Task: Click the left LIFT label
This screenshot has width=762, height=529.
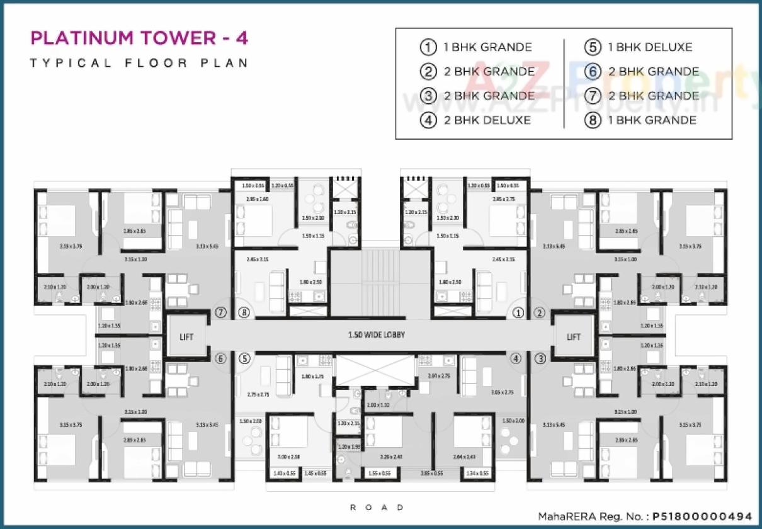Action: click(186, 336)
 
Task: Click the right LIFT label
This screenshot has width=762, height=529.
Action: click(573, 336)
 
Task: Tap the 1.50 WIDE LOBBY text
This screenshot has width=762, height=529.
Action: click(377, 335)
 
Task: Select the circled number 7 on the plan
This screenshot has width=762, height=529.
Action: click(220, 312)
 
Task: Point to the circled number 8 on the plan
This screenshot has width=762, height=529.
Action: click(244, 312)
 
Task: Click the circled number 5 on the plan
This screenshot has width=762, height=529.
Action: click(244, 358)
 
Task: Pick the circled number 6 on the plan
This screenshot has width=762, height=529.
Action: click(220, 358)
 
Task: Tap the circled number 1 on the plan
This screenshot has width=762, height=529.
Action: click(518, 312)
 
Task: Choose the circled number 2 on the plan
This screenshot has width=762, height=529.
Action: click(540, 312)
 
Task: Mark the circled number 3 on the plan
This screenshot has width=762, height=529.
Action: click(540, 358)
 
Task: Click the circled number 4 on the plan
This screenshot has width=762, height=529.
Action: click(516, 358)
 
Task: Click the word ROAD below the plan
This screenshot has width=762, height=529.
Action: click(377, 507)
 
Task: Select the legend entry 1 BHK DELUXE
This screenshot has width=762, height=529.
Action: click(649, 47)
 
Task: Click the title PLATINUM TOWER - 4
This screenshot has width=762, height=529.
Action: click(139, 38)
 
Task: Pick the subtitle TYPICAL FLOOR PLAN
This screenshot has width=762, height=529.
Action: click(139, 63)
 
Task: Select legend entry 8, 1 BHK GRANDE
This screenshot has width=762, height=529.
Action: click(652, 120)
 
